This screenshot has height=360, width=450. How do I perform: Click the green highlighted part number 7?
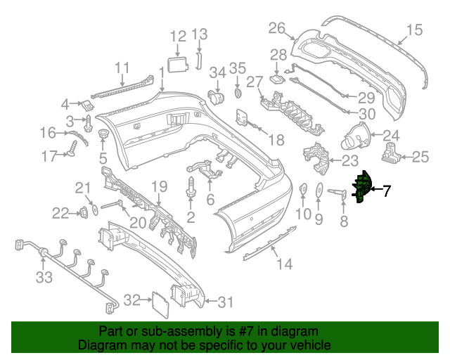362,186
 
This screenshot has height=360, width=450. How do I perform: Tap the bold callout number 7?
387,191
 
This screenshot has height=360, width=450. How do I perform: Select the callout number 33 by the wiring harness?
44,277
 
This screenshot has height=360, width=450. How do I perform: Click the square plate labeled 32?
160,304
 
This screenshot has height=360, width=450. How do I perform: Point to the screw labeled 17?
73,148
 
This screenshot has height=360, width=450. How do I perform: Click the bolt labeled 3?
88,124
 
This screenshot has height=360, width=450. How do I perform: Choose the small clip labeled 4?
88,105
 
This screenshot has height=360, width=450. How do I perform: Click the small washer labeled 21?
94,210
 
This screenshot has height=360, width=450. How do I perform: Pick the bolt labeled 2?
191,187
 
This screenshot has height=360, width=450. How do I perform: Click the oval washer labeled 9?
319,190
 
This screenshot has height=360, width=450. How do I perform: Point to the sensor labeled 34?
216,97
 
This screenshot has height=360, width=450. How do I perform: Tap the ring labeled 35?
238,93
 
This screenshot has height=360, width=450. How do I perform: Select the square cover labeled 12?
178,64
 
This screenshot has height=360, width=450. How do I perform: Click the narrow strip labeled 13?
198,61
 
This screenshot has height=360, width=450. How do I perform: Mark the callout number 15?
414,30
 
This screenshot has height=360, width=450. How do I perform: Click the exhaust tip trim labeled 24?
355,136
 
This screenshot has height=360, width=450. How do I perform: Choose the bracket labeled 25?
391,152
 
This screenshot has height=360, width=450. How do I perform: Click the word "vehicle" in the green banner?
308,345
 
